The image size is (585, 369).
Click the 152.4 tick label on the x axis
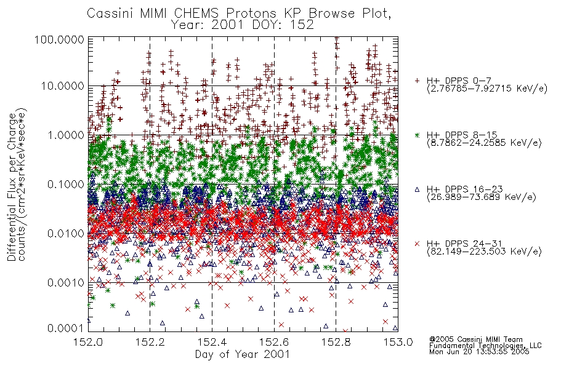point(212,342)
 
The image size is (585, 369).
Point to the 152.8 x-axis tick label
point(336,342)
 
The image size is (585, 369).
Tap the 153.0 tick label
point(398,342)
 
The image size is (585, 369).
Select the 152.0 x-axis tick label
point(88,342)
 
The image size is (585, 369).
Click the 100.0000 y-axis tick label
point(59,39)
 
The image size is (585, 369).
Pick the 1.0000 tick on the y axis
point(66,135)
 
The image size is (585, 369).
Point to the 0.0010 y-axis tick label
point(66,282)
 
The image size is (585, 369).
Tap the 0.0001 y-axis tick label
point(66,328)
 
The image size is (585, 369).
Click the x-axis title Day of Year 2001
point(243,354)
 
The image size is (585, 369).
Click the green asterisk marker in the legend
point(417,135)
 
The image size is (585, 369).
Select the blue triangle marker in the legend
point(417,189)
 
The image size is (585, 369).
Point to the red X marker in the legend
point(417,244)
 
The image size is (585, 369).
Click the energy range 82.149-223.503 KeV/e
point(484,252)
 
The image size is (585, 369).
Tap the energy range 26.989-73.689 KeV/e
point(482,197)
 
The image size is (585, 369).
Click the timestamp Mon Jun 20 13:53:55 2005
point(479,352)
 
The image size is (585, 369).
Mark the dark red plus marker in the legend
point(417,81)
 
